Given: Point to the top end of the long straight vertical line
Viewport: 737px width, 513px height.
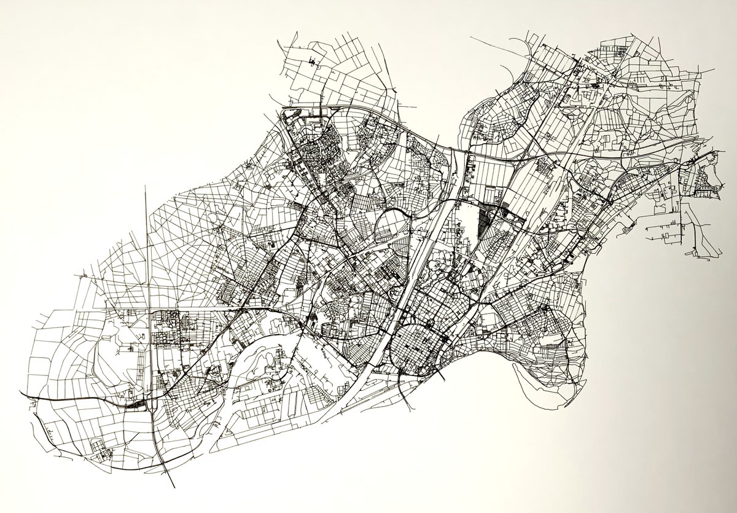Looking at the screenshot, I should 146,186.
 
